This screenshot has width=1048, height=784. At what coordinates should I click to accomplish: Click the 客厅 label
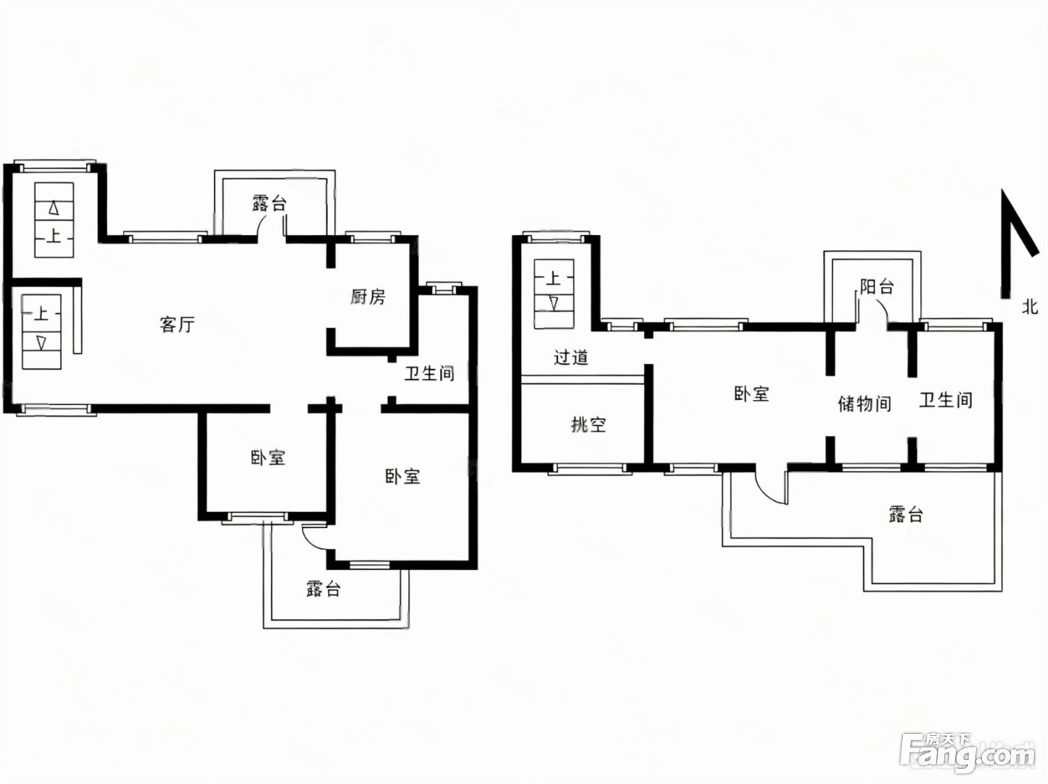[x=177, y=325]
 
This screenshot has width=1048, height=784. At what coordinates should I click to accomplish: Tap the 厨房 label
[x=368, y=297]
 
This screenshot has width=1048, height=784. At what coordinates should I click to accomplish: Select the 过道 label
[x=570, y=357]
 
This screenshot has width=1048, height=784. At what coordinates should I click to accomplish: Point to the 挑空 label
[x=588, y=424]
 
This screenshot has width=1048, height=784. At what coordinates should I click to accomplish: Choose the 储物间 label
[x=865, y=404]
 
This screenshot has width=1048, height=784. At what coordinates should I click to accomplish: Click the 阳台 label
[x=877, y=287]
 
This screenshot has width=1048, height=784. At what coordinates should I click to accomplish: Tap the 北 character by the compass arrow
[x=1030, y=306]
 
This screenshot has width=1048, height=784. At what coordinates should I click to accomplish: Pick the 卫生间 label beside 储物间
[x=946, y=400]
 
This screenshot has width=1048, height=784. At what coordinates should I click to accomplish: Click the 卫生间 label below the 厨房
[x=429, y=373]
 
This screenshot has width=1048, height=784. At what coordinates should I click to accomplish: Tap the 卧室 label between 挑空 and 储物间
[x=751, y=394]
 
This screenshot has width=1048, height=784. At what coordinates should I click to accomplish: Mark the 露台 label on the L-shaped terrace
[x=906, y=514]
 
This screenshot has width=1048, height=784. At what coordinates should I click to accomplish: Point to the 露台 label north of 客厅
[x=269, y=204]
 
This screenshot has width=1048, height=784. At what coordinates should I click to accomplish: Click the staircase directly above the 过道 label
[x=554, y=294]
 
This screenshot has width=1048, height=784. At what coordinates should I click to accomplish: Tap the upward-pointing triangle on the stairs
[x=54, y=209]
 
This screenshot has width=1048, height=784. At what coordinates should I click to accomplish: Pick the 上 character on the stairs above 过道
[x=553, y=278]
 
